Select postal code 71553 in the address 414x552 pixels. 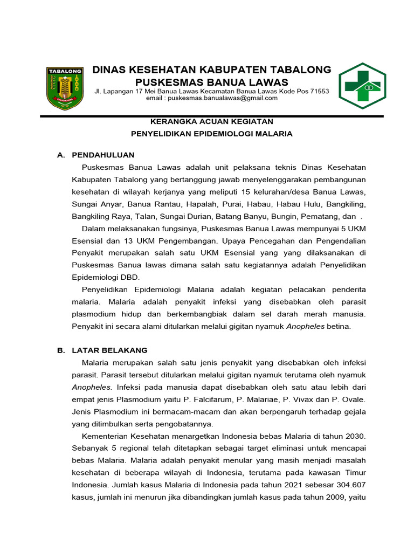point(318,91)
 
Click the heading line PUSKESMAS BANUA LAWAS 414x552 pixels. point(211,82)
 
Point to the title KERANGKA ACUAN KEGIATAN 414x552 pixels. point(211,121)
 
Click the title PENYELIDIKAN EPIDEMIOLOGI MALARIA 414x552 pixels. point(212,134)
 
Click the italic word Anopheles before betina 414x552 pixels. point(305,326)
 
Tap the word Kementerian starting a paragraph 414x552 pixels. point(105,436)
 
